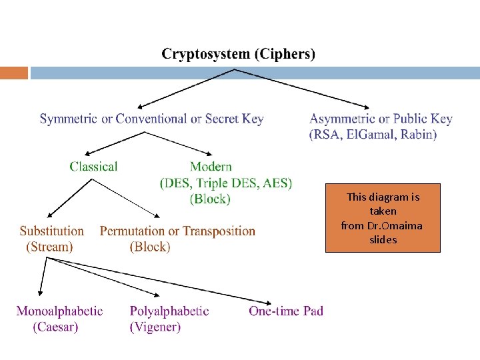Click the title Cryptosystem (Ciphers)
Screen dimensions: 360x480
[239, 54]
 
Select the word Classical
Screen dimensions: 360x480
[93, 167]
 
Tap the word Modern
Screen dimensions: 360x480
[211, 167]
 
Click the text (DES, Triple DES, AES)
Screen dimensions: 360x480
[226, 183]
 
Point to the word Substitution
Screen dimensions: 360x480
[52, 231]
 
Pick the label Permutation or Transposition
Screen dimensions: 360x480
[177, 231]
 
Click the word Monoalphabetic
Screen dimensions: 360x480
[59, 311]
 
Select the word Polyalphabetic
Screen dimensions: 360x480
[169, 311]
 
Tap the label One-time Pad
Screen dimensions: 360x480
[286, 311]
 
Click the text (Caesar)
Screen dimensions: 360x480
[56, 327]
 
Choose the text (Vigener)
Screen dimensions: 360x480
[155, 327]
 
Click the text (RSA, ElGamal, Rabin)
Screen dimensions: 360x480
[373, 135]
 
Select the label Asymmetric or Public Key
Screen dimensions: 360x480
[381, 119]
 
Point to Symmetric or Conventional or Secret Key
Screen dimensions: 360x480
[151, 119]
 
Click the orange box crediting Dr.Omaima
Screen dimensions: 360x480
[383, 218]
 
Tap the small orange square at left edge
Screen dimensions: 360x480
[14, 73]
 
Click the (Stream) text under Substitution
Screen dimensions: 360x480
[49, 247]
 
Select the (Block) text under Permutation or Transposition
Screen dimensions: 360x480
[150, 247]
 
